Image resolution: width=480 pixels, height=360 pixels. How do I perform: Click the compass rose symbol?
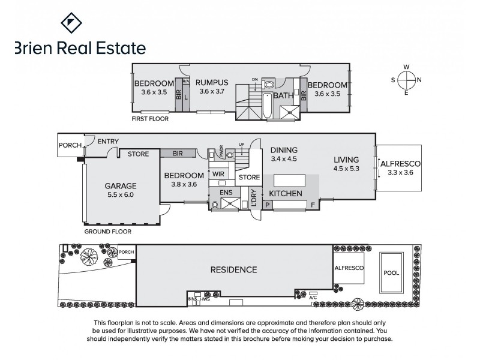(x=406, y=80)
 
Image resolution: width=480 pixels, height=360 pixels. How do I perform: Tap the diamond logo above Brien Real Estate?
(x=72, y=23)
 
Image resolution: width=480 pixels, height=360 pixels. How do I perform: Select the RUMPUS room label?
(x=212, y=83)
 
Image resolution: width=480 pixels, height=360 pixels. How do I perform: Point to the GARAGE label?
(x=121, y=186)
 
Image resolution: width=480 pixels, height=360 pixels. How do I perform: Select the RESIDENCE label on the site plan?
(x=233, y=269)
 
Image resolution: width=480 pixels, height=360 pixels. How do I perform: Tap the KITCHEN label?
(x=285, y=194)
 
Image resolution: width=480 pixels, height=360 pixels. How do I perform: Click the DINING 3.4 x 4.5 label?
(x=284, y=155)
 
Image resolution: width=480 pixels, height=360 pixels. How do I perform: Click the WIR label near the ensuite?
(x=217, y=174)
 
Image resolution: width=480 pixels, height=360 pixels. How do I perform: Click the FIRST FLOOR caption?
(x=150, y=119)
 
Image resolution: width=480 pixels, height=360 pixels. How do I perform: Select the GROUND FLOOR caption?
(x=107, y=231)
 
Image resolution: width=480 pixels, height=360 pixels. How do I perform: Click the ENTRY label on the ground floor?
(x=108, y=142)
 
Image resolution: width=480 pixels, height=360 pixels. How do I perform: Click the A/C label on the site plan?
(x=313, y=297)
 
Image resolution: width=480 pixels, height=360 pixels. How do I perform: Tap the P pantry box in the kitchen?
(x=268, y=205)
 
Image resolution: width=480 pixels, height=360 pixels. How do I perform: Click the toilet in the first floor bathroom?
(x=269, y=85)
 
